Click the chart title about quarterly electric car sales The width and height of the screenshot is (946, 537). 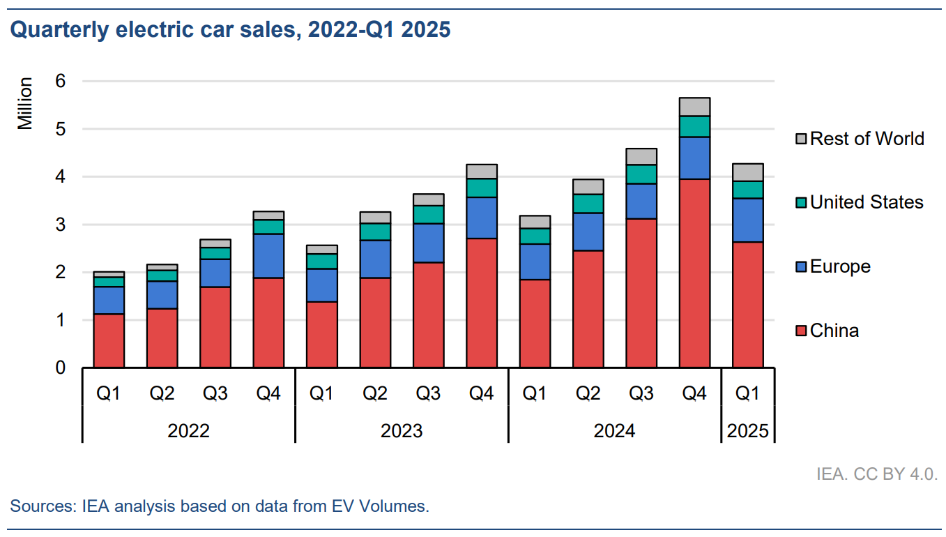(230, 30)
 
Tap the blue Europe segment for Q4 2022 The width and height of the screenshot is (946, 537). (268, 256)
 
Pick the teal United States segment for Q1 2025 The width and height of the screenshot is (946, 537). (747, 190)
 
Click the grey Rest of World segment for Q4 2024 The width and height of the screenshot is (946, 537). (694, 107)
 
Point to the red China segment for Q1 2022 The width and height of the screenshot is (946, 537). (109, 341)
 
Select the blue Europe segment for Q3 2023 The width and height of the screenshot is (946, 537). (428, 243)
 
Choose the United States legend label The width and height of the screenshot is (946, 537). (867, 202)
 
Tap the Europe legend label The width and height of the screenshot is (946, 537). (840, 266)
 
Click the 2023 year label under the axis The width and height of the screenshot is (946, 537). (401, 430)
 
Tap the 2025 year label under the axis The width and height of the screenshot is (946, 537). (747, 430)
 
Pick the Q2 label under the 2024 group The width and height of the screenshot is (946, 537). (588, 394)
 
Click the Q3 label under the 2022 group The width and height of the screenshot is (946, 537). (215, 394)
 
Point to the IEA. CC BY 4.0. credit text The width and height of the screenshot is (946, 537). (876, 474)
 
